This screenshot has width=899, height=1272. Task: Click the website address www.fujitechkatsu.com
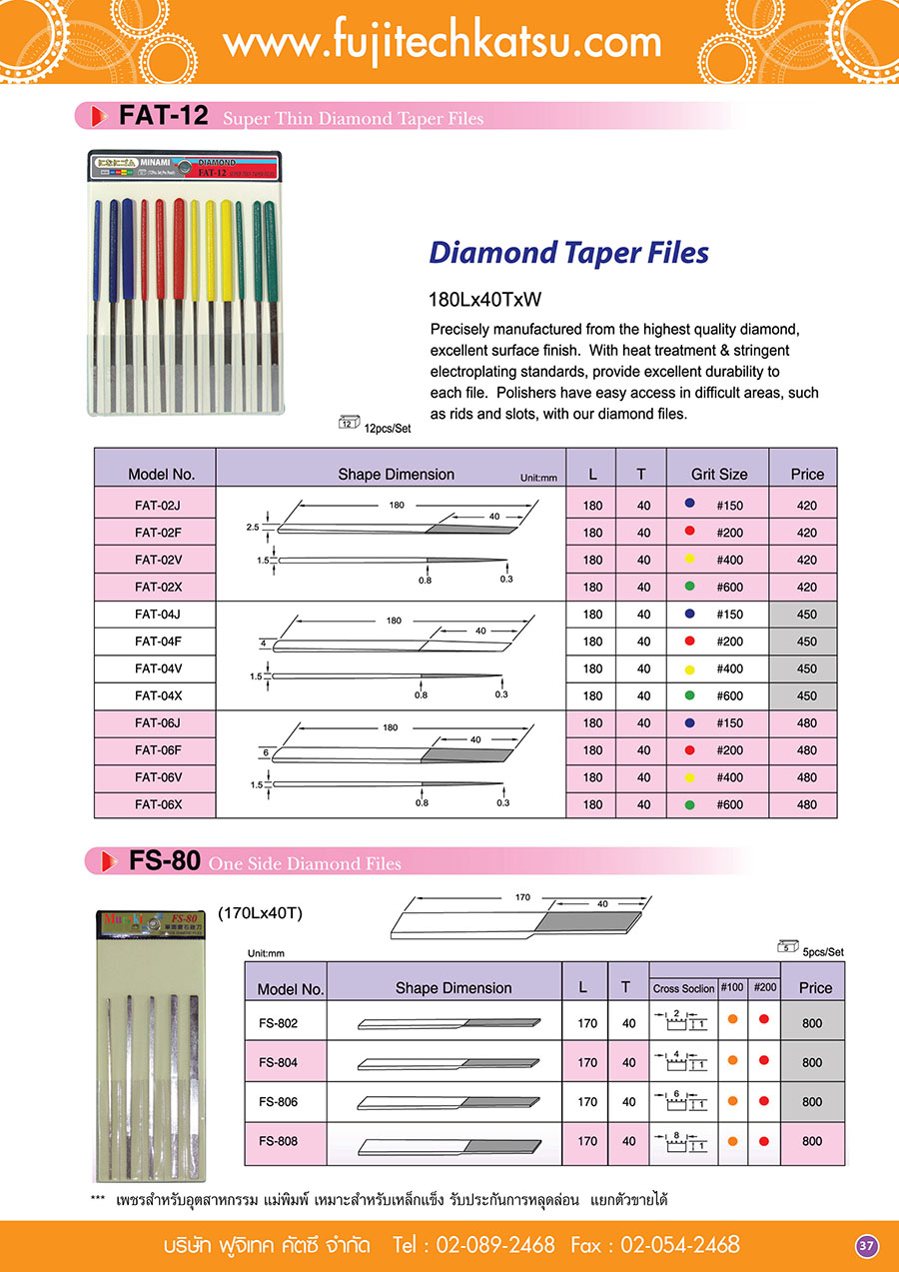click(442, 42)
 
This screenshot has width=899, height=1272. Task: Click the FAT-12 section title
click(163, 116)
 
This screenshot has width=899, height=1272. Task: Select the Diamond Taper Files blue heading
click(568, 252)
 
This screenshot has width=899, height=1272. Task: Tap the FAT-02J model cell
click(155, 506)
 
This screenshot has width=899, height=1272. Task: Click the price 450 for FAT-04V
click(806, 668)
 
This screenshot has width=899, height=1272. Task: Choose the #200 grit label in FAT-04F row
click(729, 641)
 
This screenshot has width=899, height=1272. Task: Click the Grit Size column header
click(719, 475)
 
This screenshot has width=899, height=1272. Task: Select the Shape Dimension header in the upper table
click(396, 475)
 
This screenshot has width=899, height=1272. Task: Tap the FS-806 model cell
click(278, 1101)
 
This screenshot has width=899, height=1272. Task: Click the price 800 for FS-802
click(812, 1023)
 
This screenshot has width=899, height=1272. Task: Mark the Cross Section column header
click(683, 988)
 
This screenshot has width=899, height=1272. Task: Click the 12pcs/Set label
click(387, 428)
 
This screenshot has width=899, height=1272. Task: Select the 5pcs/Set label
click(822, 951)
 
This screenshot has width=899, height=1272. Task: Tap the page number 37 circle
click(866, 1245)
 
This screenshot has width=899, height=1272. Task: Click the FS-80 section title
click(165, 860)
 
